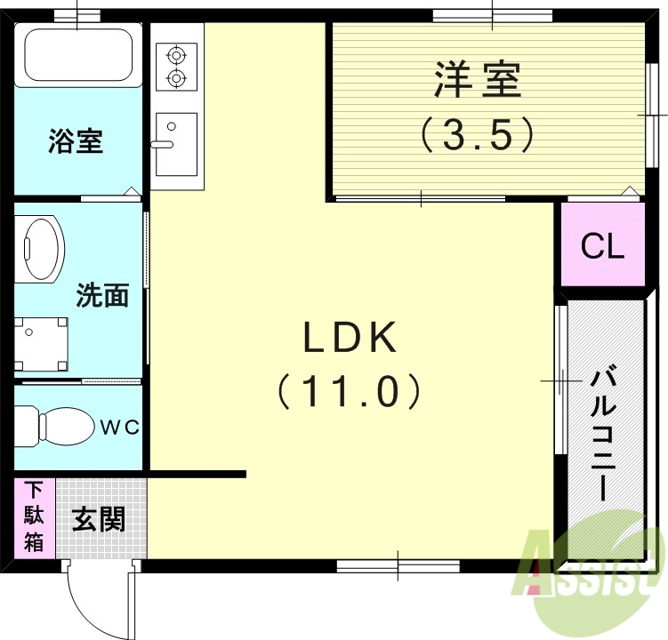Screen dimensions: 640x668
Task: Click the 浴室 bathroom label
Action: [76, 141]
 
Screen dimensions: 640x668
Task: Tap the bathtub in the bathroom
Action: [78, 55]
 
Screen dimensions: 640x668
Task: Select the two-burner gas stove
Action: [176, 67]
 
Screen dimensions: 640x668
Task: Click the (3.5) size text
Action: [478, 134]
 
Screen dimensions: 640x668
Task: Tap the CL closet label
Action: [602, 246]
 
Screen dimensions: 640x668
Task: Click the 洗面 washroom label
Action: [102, 294]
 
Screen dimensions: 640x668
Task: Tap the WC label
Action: [119, 428]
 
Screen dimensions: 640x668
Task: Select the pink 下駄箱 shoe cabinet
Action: [34, 517]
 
